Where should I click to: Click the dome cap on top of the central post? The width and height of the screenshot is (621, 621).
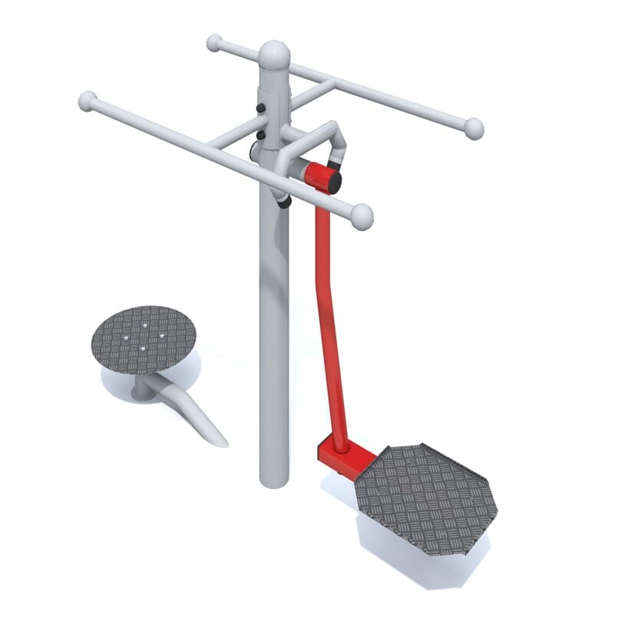click(274, 55)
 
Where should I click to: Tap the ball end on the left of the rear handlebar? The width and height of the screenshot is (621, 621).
click(214, 42)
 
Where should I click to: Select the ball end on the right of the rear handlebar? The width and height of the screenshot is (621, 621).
click(474, 128)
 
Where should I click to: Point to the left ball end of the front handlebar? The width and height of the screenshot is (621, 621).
click(88, 101)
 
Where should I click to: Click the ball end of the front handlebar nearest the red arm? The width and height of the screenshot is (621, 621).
click(361, 216)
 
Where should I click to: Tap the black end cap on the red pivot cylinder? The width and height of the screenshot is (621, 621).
click(334, 182)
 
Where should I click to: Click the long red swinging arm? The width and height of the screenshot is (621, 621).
click(329, 322)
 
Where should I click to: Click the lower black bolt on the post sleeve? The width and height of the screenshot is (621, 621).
click(260, 135)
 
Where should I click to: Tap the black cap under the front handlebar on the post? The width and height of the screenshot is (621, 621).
click(284, 202)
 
